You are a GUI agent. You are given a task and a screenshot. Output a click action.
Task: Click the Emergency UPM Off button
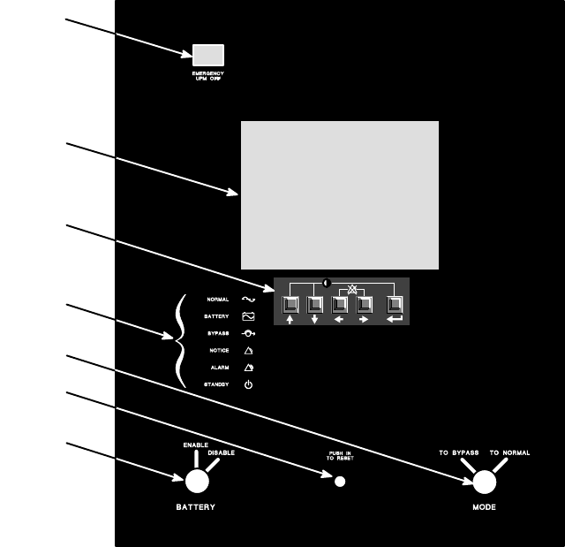pos(207,55)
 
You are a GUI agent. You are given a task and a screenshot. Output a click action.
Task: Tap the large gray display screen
pos(340,194)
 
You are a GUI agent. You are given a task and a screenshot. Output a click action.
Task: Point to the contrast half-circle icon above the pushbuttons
pos(326,284)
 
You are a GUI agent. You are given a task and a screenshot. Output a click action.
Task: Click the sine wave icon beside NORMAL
pos(248,300)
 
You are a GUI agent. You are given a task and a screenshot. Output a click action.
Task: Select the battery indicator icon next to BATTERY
pos(248,316)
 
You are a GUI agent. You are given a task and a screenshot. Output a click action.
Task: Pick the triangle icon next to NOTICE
pos(248,351)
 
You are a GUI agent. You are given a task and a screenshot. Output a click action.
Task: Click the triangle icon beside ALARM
pos(248,368)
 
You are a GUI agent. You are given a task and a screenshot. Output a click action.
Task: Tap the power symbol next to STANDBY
pos(248,385)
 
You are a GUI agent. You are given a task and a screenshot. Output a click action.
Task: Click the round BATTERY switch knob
pos(196,481)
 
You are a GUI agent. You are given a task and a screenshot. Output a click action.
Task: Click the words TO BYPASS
pos(459,452)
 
